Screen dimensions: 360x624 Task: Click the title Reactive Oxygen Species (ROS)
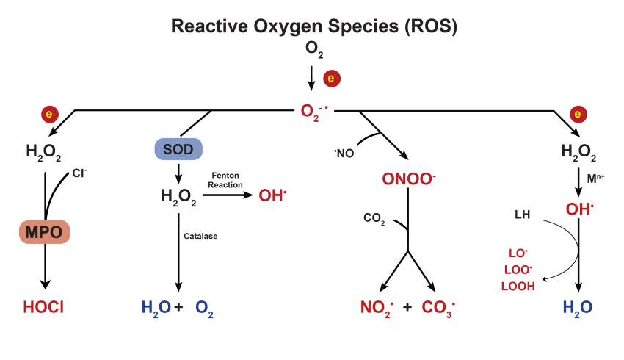click(x=314, y=27)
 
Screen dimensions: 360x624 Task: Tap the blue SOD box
click(x=178, y=150)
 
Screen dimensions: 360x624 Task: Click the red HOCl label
click(x=44, y=308)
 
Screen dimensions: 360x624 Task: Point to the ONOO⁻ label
click(x=410, y=179)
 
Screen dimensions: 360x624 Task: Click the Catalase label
click(x=201, y=236)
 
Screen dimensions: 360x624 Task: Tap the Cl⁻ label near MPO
click(x=79, y=173)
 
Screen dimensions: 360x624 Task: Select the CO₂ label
click(x=374, y=217)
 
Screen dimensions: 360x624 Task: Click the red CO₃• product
click(x=438, y=308)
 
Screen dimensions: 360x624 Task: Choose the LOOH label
click(x=518, y=287)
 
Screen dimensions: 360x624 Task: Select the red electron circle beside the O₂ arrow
click(x=333, y=78)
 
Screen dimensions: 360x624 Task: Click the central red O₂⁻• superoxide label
click(x=313, y=111)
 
